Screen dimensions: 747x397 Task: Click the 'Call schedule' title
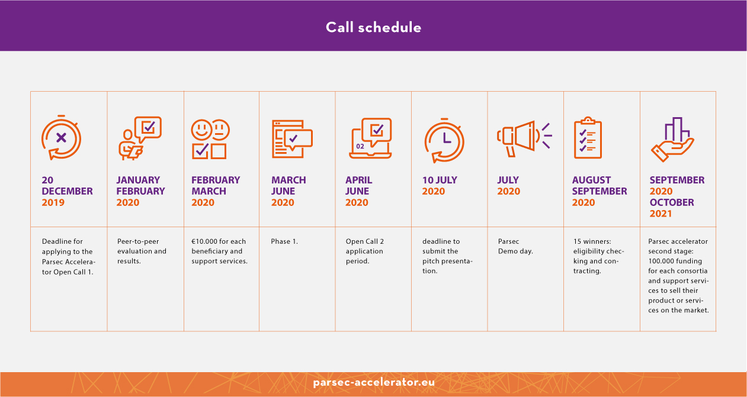[373, 27]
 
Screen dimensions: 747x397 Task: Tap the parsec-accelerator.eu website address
[374, 382]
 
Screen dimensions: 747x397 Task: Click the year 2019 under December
[53, 202]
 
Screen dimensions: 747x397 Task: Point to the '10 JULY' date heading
[440, 180]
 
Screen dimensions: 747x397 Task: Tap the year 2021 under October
[661, 214]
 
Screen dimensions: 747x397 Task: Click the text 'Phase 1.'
[284, 241]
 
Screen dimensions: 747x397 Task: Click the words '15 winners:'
[592, 241]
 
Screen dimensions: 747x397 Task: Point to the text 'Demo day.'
[515, 251]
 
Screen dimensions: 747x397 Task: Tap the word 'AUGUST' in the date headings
[591, 180]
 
